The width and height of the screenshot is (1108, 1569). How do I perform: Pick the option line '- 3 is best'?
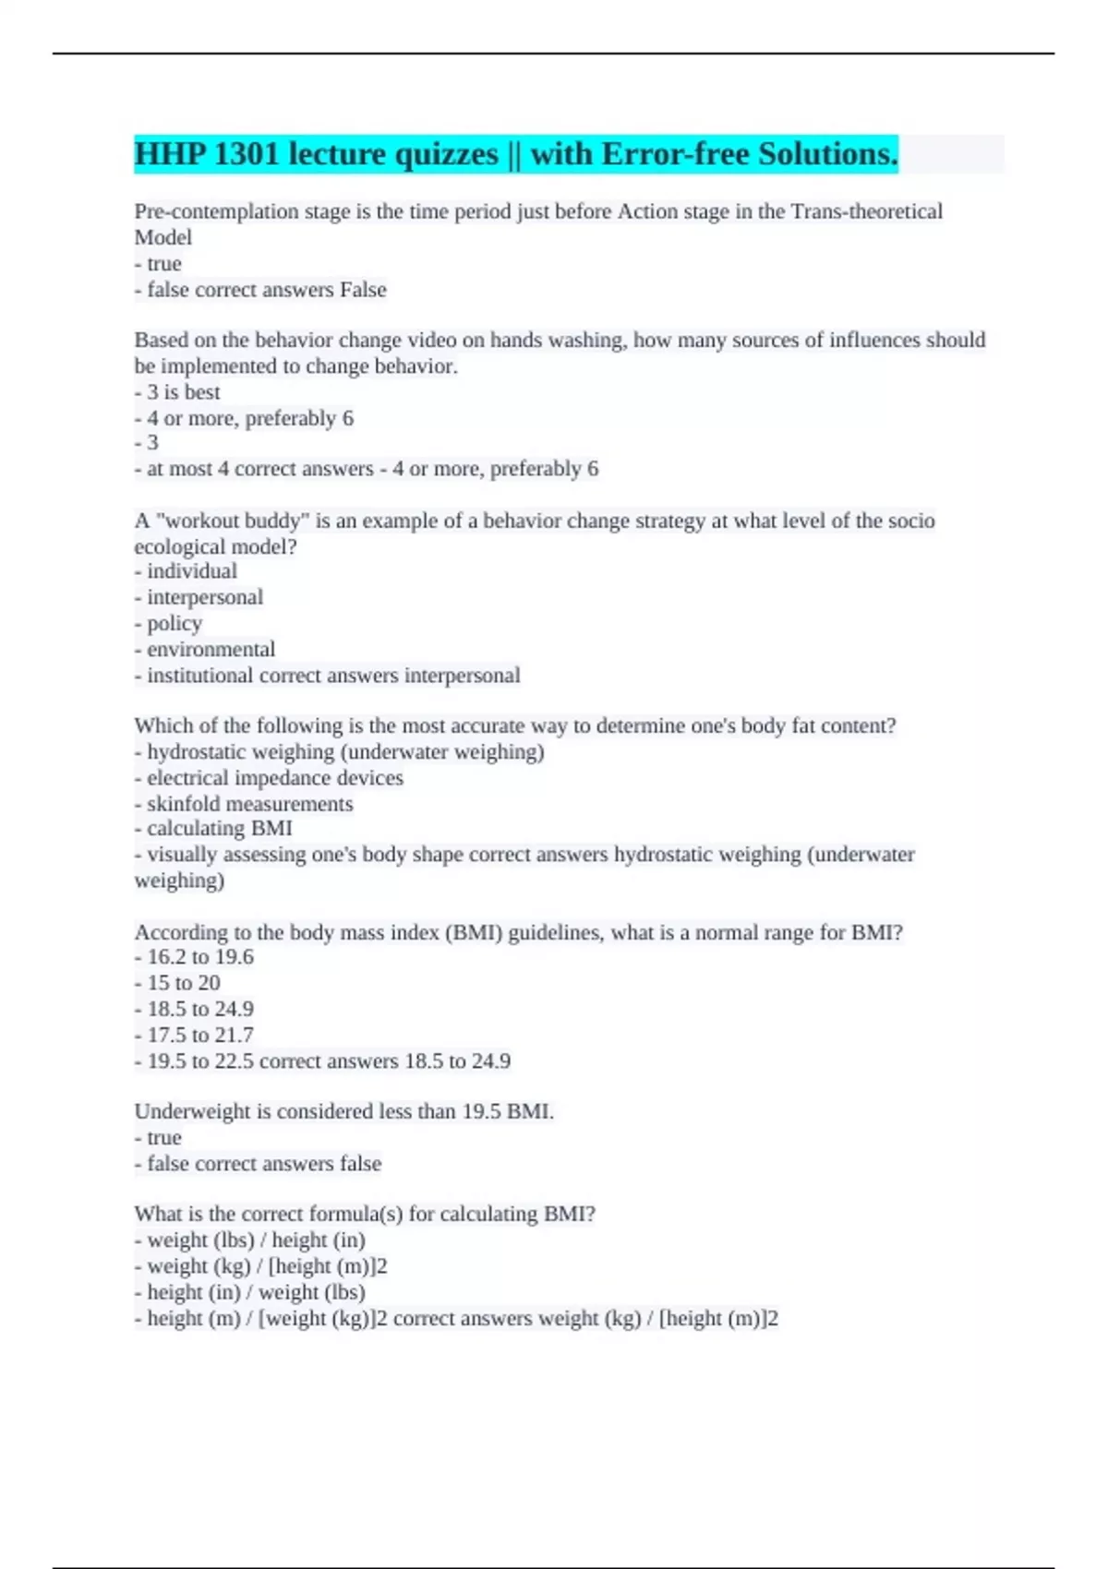click(x=177, y=392)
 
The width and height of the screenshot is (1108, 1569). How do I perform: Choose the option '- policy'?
click(x=168, y=624)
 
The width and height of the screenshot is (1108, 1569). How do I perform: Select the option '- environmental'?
click(x=205, y=650)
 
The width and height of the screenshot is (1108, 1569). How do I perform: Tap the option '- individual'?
click(x=186, y=571)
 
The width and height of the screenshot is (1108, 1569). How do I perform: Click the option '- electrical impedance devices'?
click(x=269, y=778)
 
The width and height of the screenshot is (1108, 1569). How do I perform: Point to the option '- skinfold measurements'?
click(x=244, y=804)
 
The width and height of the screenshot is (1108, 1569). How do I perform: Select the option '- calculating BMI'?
click(x=213, y=829)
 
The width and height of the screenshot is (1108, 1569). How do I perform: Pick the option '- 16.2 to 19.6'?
click(x=194, y=957)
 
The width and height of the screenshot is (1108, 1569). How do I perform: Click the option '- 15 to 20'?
click(x=177, y=983)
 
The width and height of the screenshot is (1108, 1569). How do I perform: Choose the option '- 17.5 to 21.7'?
click(x=194, y=1036)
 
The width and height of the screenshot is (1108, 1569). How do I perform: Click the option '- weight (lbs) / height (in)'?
click(x=250, y=1240)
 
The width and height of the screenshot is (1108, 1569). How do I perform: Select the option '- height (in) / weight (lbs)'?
click(x=250, y=1292)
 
